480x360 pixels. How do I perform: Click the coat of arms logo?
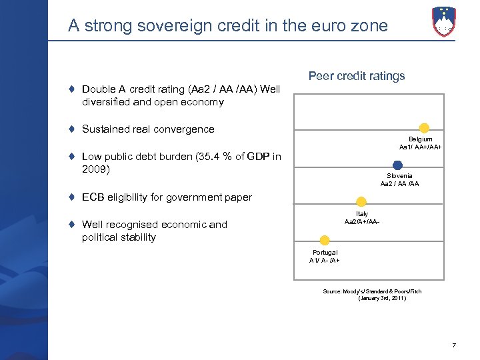pyautogui.click(x=444, y=21)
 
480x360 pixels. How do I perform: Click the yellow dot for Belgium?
pyautogui.click(x=423, y=128)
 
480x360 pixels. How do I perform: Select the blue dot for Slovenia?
pyautogui.click(x=397, y=165)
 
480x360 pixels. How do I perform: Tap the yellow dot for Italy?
pyautogui.click(x=361, y=201)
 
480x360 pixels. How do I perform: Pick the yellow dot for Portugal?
pyautogui.click(x=325, y=241)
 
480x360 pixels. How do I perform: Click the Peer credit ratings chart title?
pyautogui.click(x=357, y=76)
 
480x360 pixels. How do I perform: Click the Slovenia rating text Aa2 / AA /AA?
pyautogui.click(x=399, y=183)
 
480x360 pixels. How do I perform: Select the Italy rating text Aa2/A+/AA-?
pyautogui.click(x=362, y=221)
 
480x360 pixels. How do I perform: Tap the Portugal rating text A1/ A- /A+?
pyautogui.click(x=325, y=260)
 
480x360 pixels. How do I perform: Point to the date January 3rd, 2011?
pyautogui.click(x=381, y=298)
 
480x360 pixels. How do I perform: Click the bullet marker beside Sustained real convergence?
pyautogui.click(x=71, y=129)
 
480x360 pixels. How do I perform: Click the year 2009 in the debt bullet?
pyautogui.click(x=95, y=169)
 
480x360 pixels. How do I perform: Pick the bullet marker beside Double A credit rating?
pyautogui.click(x=71, y=89)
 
